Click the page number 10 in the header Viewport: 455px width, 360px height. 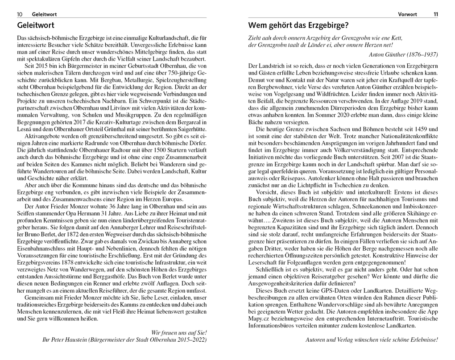point(20,14)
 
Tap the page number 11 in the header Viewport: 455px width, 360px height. point(435,14)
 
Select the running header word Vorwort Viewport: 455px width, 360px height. point(407,14)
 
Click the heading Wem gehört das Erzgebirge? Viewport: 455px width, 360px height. point(298,25)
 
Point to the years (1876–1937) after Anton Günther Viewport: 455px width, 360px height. point(420,54)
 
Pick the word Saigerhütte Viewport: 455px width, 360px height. point(191,128)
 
